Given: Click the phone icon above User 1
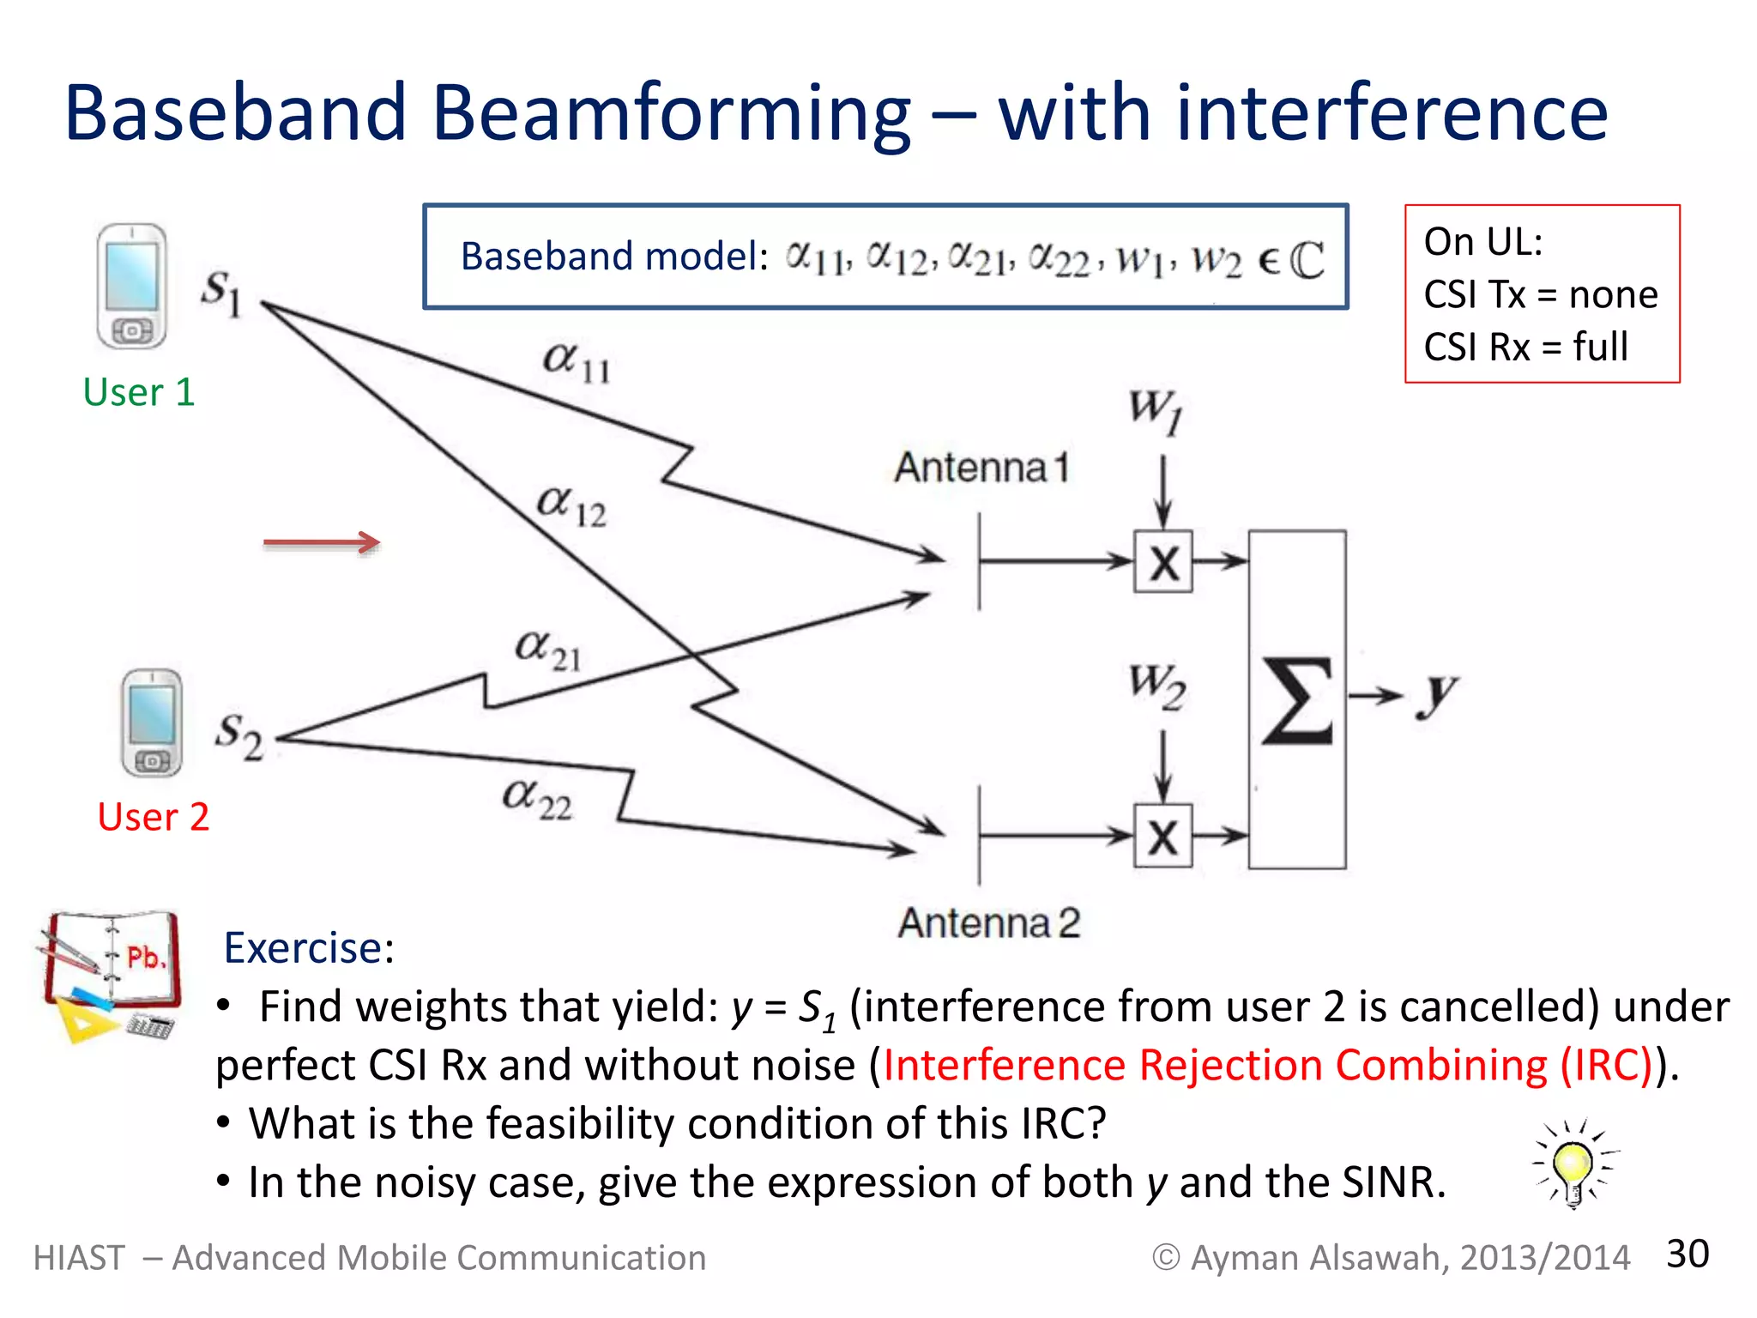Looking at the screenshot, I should click(x=131, y=286).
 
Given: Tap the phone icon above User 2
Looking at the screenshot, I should click(x=152, y=723).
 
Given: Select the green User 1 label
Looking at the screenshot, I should click(x=139, y=392).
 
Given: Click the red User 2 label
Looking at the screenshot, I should click(x=153, y=817).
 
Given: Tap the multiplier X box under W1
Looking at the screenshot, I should click(x=1163, y=562).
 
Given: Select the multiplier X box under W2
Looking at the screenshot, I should click(x=1163, y=836).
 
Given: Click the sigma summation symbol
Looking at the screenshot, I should click(x=1297, y=700).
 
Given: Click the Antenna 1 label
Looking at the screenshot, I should click(x=982, y=468).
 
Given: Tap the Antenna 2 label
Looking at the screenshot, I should click(x=988, y=923).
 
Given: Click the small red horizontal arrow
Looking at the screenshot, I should click(x=322, y=542).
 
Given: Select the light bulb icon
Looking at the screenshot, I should click(x=1573, y=1164).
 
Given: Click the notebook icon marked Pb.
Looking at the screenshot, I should click(x=110, y=975).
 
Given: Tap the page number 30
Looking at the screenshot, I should click(x=1687, y=1254).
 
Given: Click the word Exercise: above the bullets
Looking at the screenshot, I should click(x=309, y=948).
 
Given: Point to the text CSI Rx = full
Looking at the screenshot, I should click(x=1525, y=348).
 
